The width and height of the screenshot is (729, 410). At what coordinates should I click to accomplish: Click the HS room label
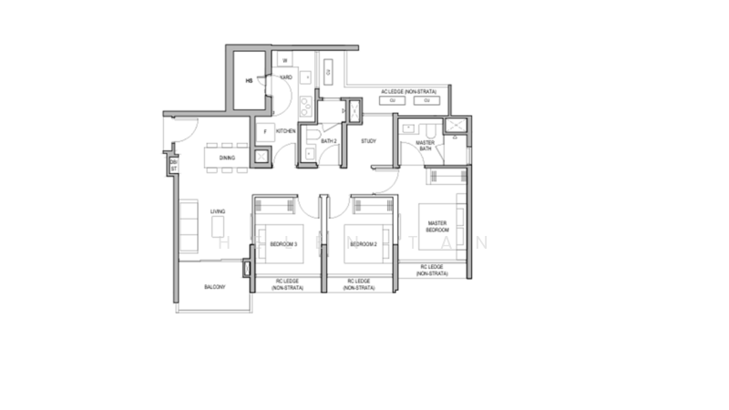tap(248, 80)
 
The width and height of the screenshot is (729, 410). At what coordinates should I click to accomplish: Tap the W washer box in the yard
tap(284, 61)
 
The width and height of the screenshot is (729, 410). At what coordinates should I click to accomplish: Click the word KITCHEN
tap(286, 132)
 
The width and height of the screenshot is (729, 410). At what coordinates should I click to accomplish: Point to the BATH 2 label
tap(329, 141)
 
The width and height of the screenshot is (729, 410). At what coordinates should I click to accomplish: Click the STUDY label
tap(368, 141)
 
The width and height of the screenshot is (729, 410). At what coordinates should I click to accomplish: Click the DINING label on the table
tap(227, 159)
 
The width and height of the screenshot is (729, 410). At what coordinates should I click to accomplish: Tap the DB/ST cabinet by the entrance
tap(171, 165)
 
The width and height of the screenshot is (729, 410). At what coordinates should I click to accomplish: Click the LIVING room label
tap(218, 212)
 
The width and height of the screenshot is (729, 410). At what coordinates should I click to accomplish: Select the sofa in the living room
tap(190, 223)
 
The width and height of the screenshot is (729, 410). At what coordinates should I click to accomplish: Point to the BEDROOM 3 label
tap(284, 244)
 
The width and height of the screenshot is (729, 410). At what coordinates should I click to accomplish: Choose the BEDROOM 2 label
tap(364, 244)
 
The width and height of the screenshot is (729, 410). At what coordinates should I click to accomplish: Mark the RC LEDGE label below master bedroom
tap(434, 271)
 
